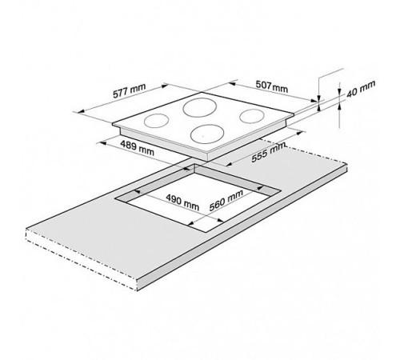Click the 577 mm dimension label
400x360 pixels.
130,90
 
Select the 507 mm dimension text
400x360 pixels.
272,86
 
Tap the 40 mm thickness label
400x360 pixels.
361,88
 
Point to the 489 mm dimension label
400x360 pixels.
137,148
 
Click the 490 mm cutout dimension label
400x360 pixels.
182,202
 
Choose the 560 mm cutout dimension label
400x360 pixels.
226,200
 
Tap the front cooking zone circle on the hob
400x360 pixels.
207,134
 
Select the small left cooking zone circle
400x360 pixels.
156,121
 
